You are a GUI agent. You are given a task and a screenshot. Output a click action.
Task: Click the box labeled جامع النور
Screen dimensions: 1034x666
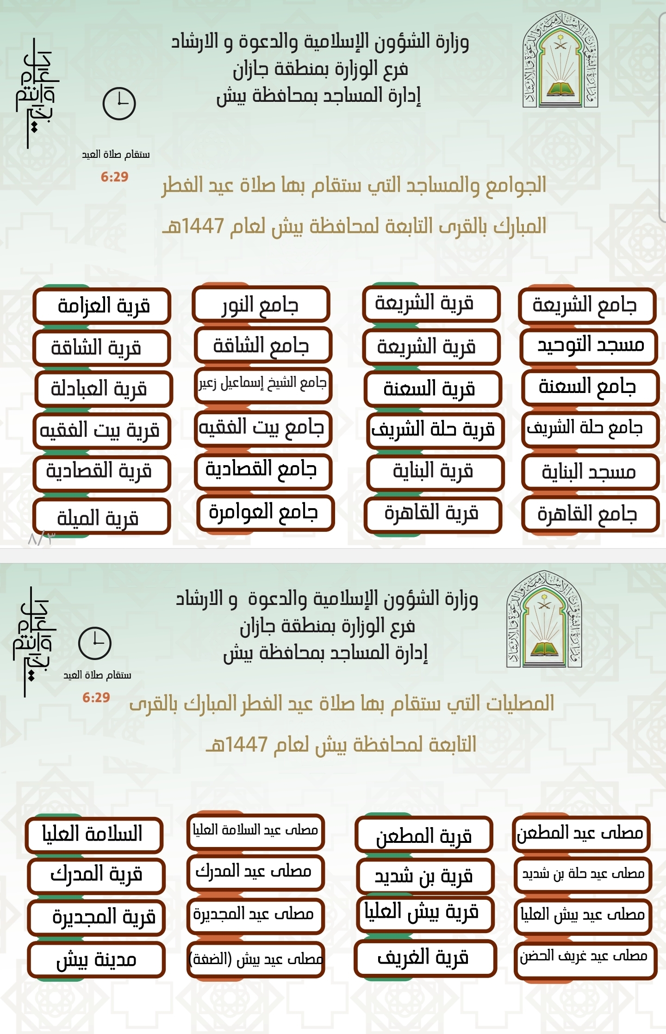coord(261,305)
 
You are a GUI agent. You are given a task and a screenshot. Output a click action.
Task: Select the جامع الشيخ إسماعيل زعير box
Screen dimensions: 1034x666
coord(262,384)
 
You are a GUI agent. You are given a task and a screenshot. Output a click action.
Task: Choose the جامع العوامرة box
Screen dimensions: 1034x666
coord(265,512)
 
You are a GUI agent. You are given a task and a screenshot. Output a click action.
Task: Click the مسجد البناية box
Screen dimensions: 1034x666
coord(590,472)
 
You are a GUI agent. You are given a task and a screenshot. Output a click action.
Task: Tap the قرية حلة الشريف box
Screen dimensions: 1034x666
coord(434,430)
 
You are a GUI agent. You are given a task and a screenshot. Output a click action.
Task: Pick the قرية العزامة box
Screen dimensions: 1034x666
coord(102,305)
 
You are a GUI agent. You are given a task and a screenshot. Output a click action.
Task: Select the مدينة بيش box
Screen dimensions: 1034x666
coord(96,960)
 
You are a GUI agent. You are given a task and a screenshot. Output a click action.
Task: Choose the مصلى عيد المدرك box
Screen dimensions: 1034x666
coord(255,872)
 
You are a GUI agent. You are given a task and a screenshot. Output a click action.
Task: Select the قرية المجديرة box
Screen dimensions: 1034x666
coord(96,916)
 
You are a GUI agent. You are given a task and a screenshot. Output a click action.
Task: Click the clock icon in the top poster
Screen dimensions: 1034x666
coord(119,103)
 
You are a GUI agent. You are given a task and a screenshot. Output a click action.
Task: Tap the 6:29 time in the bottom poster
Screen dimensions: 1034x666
coord(96,697)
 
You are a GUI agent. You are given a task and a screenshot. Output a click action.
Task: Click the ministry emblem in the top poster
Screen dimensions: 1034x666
coord(560,60)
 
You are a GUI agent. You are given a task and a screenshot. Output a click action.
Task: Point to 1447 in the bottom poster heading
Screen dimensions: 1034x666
coord(246,745)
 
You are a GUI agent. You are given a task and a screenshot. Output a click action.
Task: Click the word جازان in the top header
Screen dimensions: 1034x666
coord(253,69)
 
